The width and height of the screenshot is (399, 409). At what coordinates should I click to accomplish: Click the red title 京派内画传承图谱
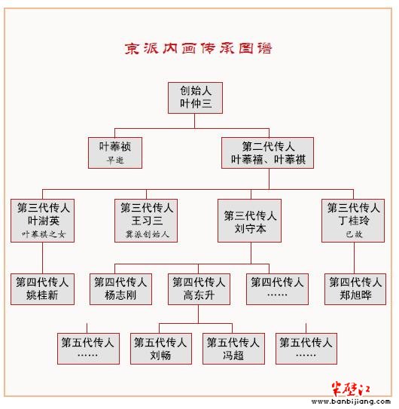pyautogui.click(x=198, y=48)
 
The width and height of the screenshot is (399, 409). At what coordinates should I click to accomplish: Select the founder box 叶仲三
pyautogui.click(x=195, y=98)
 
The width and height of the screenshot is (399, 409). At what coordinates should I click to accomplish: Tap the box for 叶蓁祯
pyautogui.click(x=115, y=153)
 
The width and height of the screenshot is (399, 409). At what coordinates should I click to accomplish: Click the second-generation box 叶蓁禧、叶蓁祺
pyautogui.click(x=267, y=153)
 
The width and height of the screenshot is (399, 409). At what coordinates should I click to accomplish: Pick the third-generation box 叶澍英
pyautogui.click(x=42, y=221)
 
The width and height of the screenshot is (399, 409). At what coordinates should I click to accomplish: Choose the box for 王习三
pyautogui.click(x=146, y=221)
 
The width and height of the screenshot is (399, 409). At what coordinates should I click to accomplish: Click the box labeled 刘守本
pyautogui.click(x=250, y=221)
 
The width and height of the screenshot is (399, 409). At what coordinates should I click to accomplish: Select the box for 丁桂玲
pyautogui.click(x=353, y=221)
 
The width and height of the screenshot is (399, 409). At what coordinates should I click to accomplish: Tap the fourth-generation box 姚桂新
pyautogui.click(x=42, y=289)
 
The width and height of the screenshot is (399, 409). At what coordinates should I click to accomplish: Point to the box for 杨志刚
pyautogui.click(x=120, y=289)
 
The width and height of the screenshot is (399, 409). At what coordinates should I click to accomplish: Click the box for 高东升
pyautogui.click(x=199, y=289)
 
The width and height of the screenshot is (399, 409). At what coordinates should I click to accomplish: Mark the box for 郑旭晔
pyautogui.click(x=355, y=289)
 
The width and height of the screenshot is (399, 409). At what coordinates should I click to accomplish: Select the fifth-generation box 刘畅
pyautogui.click(x=161, y=349)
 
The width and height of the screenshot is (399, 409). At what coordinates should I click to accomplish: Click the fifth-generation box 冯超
pyautogui.click(x=233, y=349)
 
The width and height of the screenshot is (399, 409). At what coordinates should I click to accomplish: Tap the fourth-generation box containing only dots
pyautogui.click(x=277, y=289)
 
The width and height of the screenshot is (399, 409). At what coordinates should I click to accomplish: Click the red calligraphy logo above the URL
pyautogui.click(x=351, y=389)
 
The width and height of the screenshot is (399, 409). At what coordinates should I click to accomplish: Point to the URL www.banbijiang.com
pyautogui.click(x=351, y=401)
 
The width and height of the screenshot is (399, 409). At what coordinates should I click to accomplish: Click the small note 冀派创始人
pyautogui.click(x=148, y=234)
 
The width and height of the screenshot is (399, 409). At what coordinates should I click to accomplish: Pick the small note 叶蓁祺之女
pyautogui.click(x=43, y=234)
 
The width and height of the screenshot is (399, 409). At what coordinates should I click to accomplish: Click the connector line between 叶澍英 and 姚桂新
pyautogui.click(x=42, y=258)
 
